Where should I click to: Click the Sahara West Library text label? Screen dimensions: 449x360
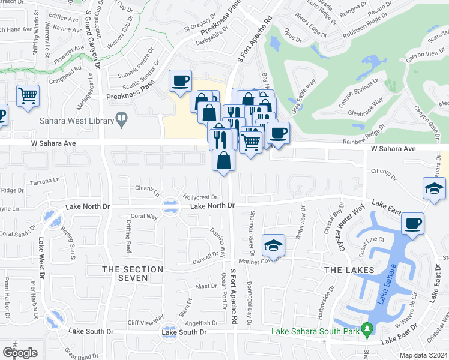pyautogui.click(x=76, y=121)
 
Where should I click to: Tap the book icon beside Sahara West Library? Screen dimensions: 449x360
pyautogui.click(x=122, y=120)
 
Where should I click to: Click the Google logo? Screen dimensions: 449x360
pyautogui.click(x=20, y=353)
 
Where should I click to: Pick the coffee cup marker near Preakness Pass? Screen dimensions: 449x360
pyautogui.click(x=180, y=81)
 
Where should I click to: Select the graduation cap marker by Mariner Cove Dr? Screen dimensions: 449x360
pyautogui.click(x=273, y=245)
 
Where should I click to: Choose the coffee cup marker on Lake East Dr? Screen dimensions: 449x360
pyautogui.click(x=412, y=224)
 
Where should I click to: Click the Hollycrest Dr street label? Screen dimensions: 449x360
pyautogui.click(x=200, y=197)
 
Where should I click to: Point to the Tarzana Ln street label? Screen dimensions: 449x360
pyautogui.click(x=49, y=179)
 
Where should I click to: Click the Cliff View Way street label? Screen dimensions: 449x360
pyautogui.click(x=146, y=319)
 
